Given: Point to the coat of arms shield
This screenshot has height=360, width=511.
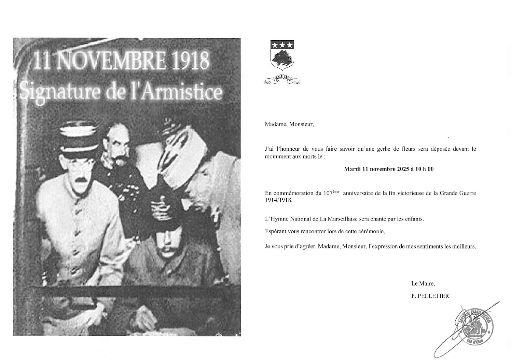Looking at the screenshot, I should [282, 56].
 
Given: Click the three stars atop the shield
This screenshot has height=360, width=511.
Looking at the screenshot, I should [282, 45].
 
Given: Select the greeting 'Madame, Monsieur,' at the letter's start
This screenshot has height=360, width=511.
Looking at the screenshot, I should [289, 124].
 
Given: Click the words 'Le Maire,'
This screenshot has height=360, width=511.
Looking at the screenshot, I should [423, 283].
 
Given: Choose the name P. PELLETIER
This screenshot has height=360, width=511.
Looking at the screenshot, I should [430, 296].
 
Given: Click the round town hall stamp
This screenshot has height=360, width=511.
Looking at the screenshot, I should [473, 324].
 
